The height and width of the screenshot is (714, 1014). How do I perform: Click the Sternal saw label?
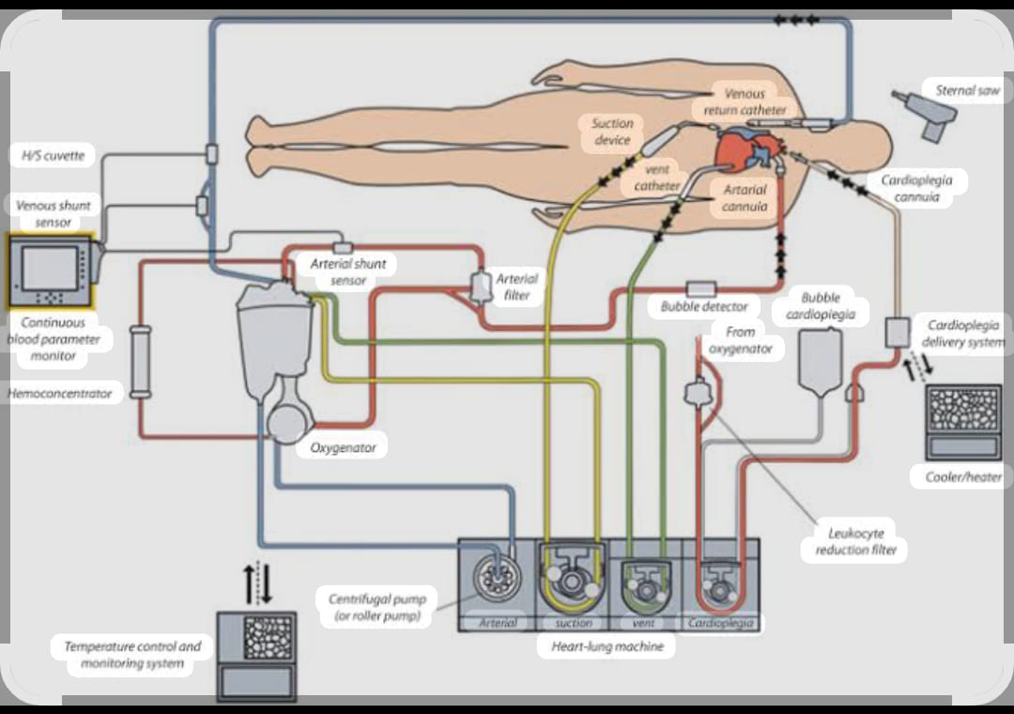click(967, 91)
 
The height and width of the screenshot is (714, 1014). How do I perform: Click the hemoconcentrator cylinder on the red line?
click(141, 362)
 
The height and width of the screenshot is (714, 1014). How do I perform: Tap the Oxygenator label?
click(343, 448)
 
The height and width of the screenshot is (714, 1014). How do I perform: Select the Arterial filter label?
click(516, 287)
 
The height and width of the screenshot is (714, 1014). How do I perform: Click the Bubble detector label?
click(704, 306)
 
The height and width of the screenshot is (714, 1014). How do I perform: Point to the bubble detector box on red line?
click(701, 288)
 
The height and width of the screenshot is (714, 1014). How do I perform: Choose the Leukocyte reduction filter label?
click(854, 542)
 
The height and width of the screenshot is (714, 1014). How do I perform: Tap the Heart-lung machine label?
click(606, 646)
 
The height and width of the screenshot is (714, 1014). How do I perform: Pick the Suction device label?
click(612, 132)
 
